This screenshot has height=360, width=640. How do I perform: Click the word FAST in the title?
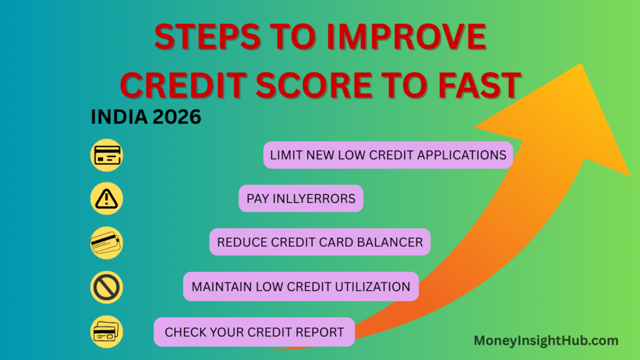476,84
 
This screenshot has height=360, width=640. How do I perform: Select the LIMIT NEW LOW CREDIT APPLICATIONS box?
387,155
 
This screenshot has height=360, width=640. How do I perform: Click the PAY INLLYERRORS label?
301,199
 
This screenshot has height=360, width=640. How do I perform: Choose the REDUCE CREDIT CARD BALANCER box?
319,242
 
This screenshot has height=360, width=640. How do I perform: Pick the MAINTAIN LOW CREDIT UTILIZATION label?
301,287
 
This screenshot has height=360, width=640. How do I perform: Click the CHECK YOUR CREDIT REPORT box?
254,332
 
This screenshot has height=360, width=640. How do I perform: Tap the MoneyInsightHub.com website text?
546,341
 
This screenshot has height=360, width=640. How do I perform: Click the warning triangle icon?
106,199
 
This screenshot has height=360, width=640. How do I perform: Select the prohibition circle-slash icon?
106,287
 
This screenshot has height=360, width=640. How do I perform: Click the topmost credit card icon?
106,155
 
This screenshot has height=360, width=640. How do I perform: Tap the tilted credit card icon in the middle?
106,243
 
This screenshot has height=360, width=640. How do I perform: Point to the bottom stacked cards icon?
106,332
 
